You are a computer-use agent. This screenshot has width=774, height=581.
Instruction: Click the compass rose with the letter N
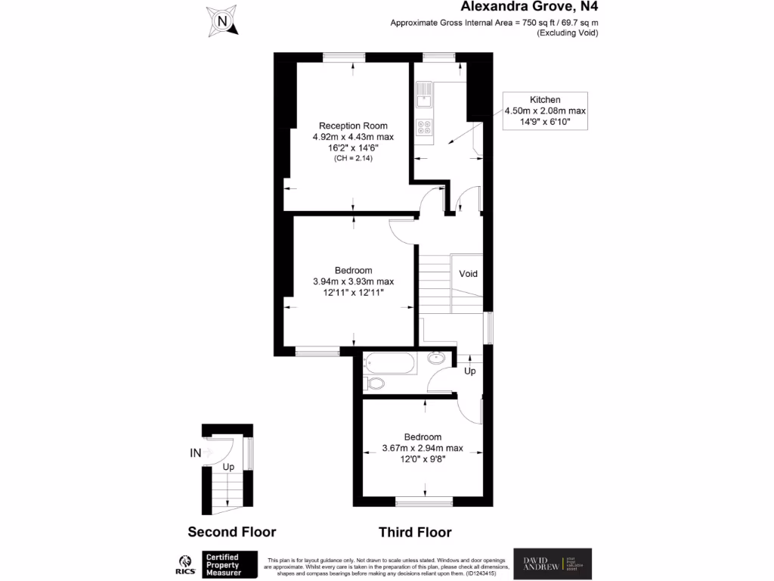click(222, 21)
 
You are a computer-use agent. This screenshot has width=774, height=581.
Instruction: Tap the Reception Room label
click(353, 126)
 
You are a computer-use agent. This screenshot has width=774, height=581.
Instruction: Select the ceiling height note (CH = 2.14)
click(353, 158)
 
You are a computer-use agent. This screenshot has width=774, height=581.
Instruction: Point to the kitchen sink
click(424, 95)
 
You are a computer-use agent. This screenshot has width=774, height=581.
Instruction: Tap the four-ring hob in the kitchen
click(424, 128)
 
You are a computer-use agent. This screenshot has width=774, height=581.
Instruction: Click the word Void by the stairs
click(468, 274)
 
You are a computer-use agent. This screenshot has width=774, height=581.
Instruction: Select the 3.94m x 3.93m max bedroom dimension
click(353, 281)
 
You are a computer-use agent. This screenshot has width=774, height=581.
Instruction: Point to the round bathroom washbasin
click(436, 359)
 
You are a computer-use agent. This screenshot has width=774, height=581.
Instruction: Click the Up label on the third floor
click(469, 371)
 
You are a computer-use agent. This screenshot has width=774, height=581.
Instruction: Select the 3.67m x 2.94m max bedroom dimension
click(423, 448)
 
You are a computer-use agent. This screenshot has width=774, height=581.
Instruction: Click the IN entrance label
click(195, 454)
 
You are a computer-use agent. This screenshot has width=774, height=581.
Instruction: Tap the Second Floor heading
click(232, 532)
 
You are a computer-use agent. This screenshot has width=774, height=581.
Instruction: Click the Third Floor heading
click(415, 532)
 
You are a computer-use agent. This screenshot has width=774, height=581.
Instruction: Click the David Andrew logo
click(553, 564)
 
